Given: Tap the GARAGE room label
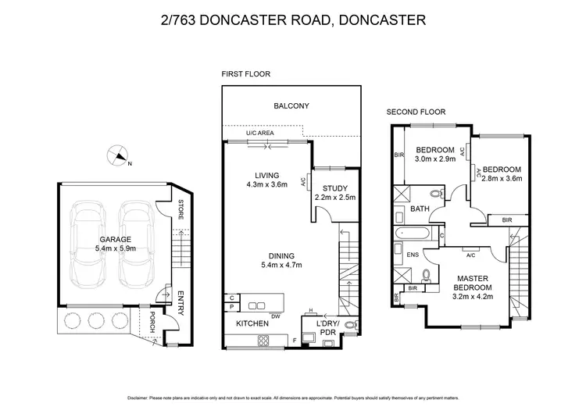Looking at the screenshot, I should tap(114, 240).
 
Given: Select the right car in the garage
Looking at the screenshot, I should tap(134, 244).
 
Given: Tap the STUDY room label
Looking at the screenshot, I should tap(334, 187).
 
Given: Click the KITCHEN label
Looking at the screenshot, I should tap(241, 323).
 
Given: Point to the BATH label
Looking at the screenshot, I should tap(419, 209).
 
